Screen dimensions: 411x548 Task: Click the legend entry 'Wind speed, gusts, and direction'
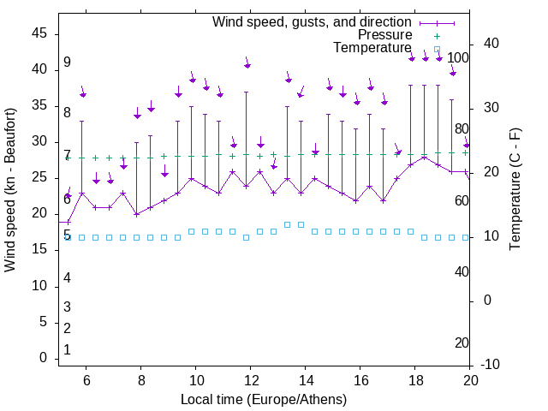(312, 21)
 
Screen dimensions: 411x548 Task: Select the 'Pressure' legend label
(384, 35)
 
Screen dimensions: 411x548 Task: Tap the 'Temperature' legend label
(372, 48)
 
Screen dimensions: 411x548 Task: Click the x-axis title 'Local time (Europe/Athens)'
(264, 399)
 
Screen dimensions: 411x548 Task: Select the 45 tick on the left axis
(39, 33)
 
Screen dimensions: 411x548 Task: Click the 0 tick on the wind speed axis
(43, 359)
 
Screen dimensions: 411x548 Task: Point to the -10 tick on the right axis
(488, 365)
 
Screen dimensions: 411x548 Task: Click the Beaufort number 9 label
(67, 63)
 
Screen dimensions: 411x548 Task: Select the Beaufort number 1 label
(67, 350)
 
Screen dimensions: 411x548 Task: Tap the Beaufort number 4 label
(67, 277)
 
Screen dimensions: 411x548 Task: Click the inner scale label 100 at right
(458, 58)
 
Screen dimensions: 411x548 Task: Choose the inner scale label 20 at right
(462, 343)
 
